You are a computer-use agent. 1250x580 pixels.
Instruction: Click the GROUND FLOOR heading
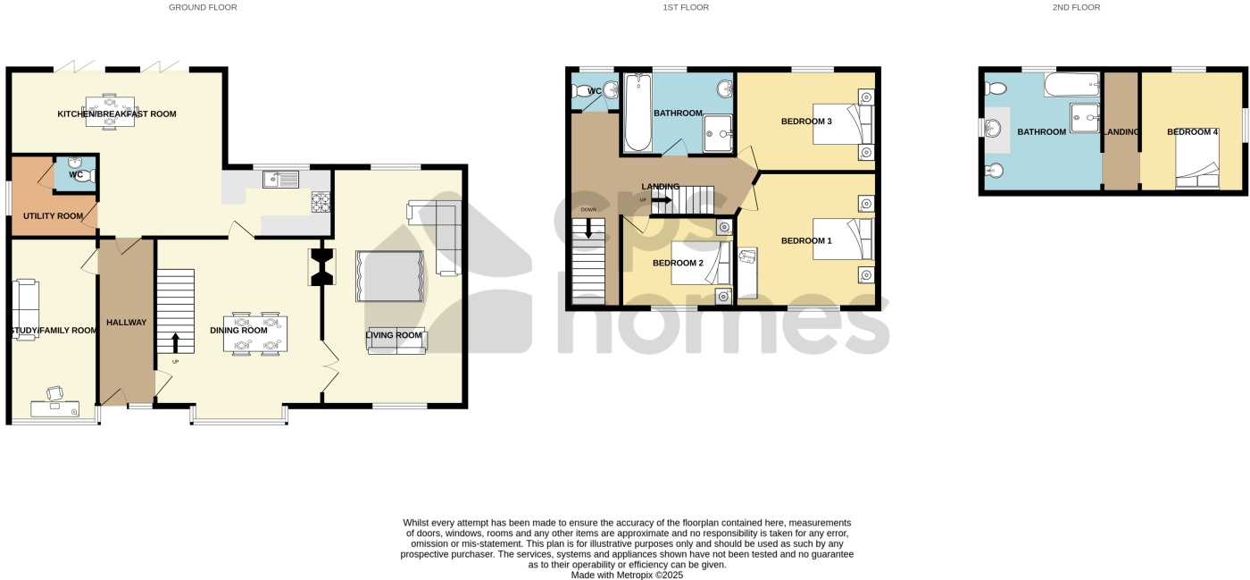coord(203,7)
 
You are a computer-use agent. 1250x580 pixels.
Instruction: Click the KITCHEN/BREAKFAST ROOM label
coord(117,114)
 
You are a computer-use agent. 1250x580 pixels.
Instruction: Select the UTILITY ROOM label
coord(54,216)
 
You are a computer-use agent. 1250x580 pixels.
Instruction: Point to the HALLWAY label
coord(126,322)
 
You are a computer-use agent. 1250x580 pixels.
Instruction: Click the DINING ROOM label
coord(238,331)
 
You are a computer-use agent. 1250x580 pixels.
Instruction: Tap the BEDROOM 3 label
coord(806,122)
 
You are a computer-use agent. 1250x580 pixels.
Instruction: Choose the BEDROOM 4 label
coord(1192,132)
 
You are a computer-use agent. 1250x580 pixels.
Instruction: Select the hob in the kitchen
coord(321,202)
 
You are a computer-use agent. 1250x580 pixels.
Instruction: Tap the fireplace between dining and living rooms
coord(321,266)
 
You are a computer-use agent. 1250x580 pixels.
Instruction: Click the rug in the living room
coord(389,276)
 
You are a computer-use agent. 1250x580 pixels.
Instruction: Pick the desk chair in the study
coord(54,392)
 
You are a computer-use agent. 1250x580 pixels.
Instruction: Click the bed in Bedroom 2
coord(701,265)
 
